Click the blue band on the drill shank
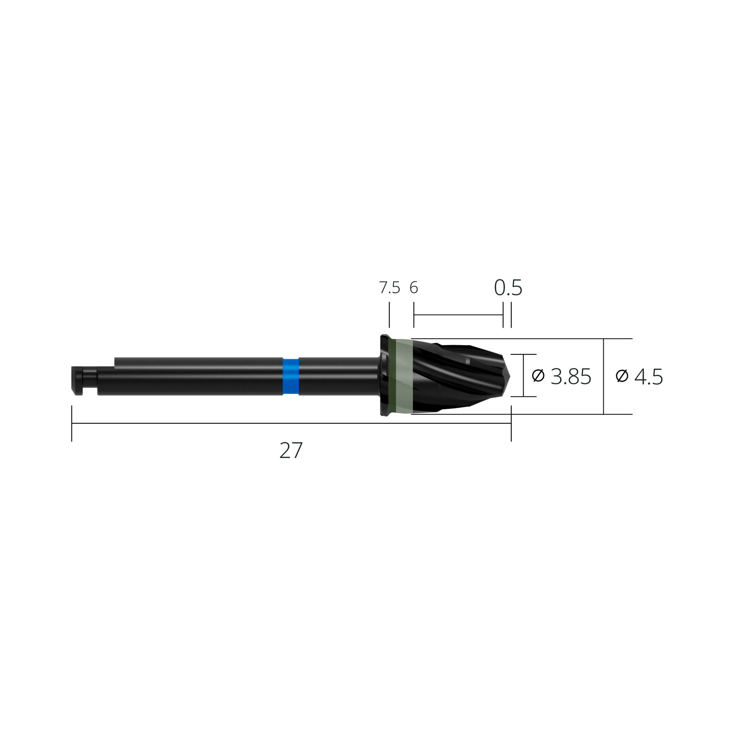click(291, 376)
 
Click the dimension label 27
click(291, 450)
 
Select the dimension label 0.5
click(508, 287)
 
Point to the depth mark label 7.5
click(389, 288)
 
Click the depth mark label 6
click(414, 288)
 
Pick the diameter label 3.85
click(571, 376)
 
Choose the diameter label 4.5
click(649, 376)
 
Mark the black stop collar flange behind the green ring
click(385, 376)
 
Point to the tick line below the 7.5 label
click(389, 315)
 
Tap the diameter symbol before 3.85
click(538, 376)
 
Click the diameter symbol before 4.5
click(622, 376)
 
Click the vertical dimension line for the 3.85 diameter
click(523, 375)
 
